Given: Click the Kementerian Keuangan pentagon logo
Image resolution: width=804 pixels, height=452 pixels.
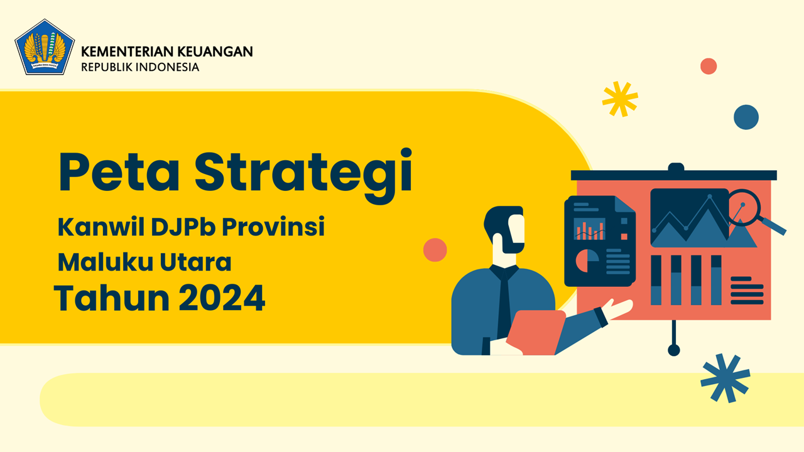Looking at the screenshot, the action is point(45,47).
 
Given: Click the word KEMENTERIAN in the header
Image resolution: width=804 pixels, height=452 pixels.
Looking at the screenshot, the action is point(127,51).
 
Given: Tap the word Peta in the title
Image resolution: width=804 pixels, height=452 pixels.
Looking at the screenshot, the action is point(119,172).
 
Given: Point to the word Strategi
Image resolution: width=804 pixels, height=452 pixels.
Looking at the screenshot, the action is point(303,176).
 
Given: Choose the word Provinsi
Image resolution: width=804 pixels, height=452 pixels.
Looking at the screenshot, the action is point(273,227).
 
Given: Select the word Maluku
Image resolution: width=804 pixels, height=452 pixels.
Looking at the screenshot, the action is point(106,262).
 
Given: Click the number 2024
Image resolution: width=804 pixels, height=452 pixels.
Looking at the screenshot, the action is point(222,298).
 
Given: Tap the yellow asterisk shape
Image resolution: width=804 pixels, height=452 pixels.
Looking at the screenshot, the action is point(620,99).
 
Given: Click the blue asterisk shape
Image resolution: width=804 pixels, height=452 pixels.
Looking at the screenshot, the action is point(725,378).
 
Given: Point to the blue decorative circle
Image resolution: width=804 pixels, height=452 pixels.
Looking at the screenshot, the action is point(746,117).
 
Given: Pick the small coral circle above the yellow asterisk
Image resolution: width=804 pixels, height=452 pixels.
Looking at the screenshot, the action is point(709,67).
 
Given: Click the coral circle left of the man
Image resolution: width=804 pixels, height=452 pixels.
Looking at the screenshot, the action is point(435,250).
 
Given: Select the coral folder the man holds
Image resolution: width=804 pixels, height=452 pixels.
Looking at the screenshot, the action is point(536,333).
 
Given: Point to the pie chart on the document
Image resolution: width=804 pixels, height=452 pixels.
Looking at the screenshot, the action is point(587,261).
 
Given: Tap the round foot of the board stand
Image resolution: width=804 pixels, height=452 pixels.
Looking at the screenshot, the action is point(674,350).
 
